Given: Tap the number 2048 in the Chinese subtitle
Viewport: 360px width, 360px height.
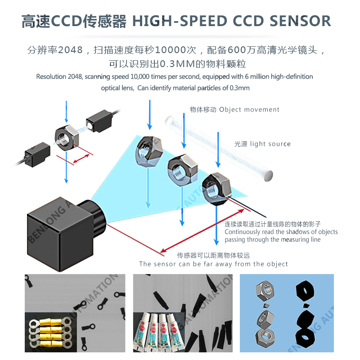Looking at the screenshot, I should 70,50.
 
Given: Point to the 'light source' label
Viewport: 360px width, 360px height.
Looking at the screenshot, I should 270,144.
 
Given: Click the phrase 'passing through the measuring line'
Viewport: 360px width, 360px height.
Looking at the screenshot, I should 272,239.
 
